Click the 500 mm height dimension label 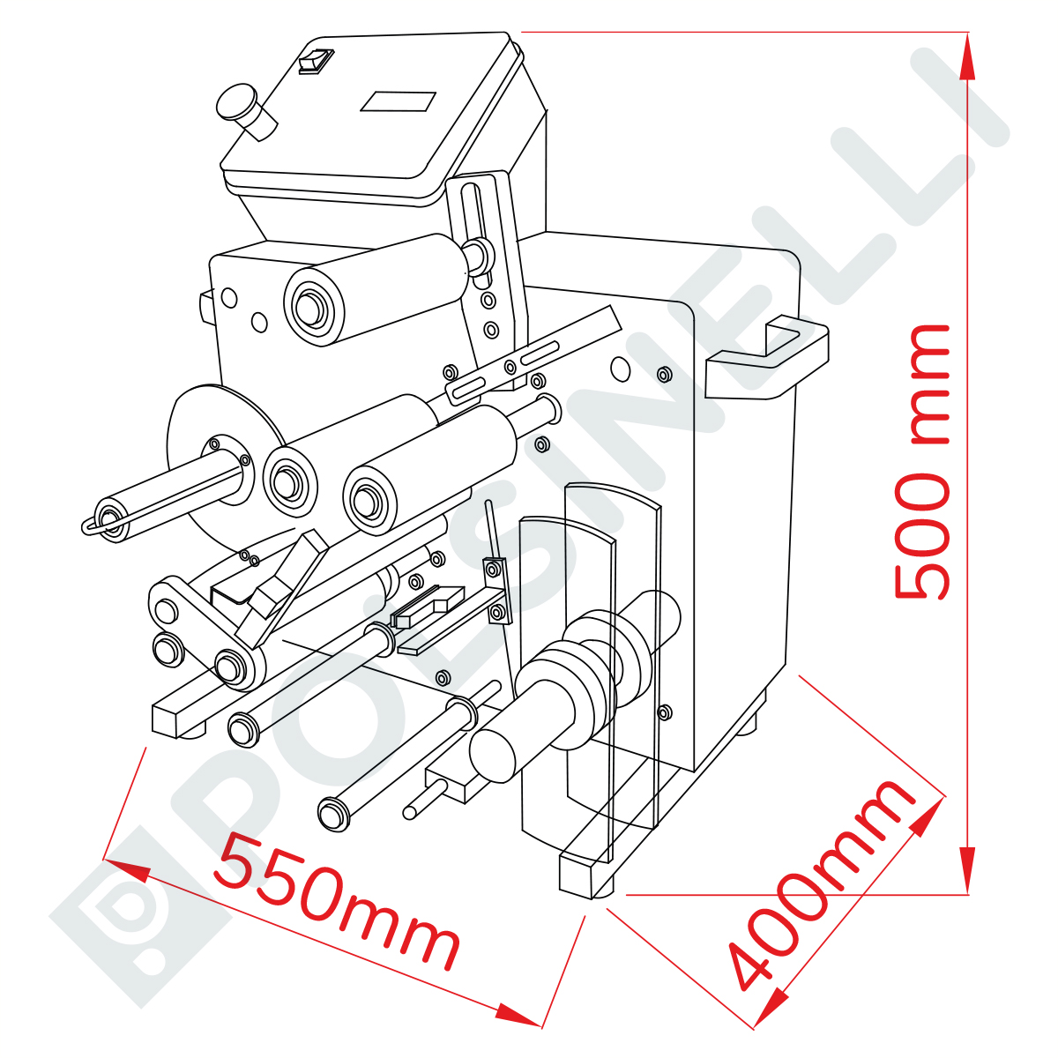point(922,462)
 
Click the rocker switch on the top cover point(317,61)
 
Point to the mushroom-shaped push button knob point(245,111)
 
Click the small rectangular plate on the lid point(398,101)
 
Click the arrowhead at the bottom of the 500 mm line point(967,871)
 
